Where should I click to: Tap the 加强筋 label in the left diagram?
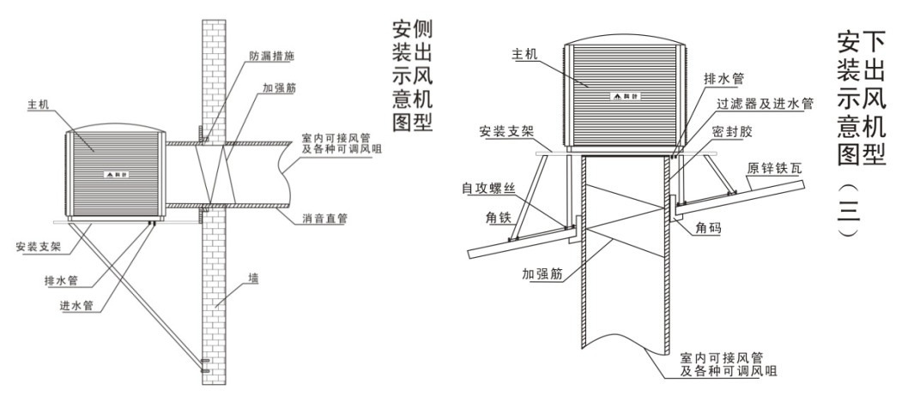[281, 88]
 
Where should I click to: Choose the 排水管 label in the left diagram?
[58, 279]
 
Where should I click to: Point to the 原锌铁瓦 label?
[776, 168]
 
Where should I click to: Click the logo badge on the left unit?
[114, 174]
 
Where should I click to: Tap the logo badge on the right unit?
[623, 94]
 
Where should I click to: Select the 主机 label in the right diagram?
[524, 54]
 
